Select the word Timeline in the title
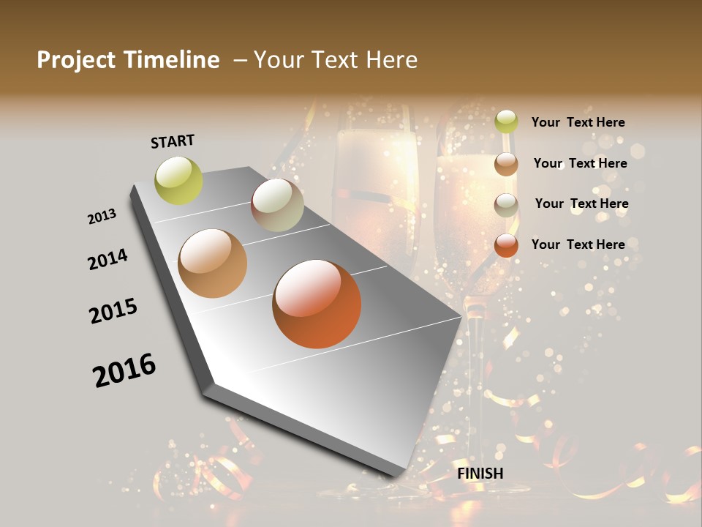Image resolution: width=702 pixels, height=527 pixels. tap(173, 60)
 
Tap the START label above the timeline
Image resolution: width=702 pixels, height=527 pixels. tap(173, 141)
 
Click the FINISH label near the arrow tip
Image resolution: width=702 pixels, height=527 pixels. tap(480, 474)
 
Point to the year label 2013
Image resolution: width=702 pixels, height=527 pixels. tap(102, 217)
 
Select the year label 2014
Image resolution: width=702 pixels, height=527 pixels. tap(107, 259)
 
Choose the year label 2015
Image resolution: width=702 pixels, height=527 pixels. tap(113, 311)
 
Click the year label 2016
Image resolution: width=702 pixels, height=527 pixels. tap(124, 370)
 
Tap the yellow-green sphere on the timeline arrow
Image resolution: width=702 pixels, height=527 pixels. tap(179, 180)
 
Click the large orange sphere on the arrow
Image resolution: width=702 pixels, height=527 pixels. tap(317, 304)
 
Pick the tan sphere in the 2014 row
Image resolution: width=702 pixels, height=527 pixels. tap(213, 263)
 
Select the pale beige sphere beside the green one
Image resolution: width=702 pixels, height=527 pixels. tap(277, 205)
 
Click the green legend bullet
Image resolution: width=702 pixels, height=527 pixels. tap(506, 122)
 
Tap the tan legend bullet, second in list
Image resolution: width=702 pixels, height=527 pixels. tap(506, 163)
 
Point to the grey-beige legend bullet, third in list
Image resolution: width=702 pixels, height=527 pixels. tap(506, 204)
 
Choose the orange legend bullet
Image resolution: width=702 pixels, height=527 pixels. tap(506, 245)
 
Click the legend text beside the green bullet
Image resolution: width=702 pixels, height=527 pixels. tap(578, 122)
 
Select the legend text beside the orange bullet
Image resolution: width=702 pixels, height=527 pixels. tap(578, 244)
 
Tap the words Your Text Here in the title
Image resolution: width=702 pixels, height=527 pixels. tap(336, 60)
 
